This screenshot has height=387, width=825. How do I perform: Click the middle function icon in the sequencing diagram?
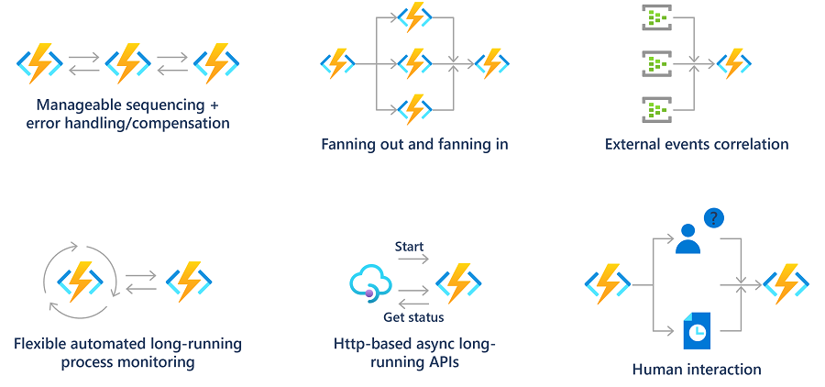(x=128, y=62)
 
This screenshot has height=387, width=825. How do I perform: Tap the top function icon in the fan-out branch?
(x=415, y=17)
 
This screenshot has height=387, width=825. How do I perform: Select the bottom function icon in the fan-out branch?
(x=415, y=109)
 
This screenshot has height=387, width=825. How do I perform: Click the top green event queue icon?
(x=657, y=18)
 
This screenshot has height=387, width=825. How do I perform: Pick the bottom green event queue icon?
(x=657, y=110)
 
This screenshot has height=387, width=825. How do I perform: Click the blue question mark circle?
(x=714, y=218)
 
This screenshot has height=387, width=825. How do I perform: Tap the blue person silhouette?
(x=687, y=238)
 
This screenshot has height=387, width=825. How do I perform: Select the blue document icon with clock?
(x=696, y=330)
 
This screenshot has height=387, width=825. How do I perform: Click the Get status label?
(x=412, y=317)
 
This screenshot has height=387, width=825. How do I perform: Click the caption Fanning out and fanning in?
(x=414, y=144)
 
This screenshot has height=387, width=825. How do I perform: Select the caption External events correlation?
(x=697, y=144)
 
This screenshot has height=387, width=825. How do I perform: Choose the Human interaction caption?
(x=697, y=370)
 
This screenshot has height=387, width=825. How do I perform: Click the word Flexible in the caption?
(x=41, y=344)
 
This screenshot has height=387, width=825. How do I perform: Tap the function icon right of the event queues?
(x=733, y=63)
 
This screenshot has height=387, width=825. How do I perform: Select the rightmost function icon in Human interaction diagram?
(x=786, y=284)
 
